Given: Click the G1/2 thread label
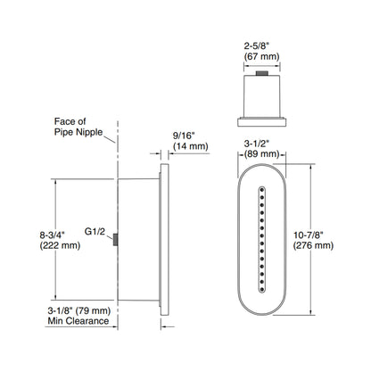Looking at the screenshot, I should [x=95, y=230].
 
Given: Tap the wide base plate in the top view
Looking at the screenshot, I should [x=264, y=119].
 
